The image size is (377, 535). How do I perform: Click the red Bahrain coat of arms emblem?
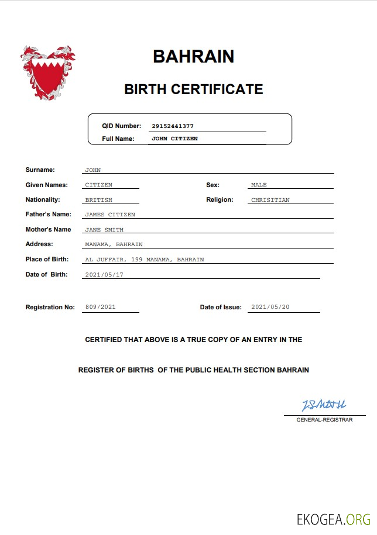click(x=47, y=73)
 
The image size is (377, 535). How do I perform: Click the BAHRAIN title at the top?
click(x=193, y=56)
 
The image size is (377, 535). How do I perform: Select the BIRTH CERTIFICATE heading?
click(x=193, y=89)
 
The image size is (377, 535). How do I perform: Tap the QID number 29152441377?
click(x=172, y=126)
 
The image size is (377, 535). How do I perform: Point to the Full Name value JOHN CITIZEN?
click(x=174, y=139)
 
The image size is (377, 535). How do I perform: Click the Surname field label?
click(x=40, y=170)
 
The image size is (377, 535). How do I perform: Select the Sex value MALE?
click(x=259, y=185)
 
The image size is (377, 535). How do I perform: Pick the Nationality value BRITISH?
click(x=98, y=200)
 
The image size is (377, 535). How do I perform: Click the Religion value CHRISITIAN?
click(x=270, y=200)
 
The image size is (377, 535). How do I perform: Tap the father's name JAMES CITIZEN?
click(x=110, y=215)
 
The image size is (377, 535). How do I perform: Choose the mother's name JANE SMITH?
click(x=104, y=230)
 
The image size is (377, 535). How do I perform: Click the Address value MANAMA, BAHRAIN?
click(x=114, y=244)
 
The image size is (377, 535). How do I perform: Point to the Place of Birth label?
click(x=47, y=259)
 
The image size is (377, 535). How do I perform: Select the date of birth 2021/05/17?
click(x=104, y=274)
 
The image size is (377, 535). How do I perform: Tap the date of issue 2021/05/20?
click(x=270, y=307)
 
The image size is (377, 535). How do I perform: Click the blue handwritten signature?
click(x=324, y=405)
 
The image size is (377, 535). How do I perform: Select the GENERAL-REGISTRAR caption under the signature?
click(x=324, y=420)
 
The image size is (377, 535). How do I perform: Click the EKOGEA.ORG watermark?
click(x=334, y=519)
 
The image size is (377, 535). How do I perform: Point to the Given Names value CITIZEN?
click(x=98, y=185)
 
